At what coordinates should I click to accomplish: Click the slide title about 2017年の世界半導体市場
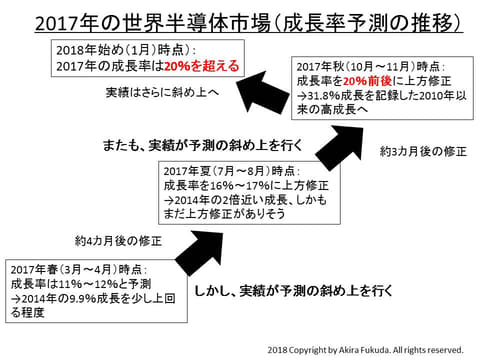click(x=249, y=23)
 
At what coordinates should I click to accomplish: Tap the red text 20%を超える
click(x=202, y=66)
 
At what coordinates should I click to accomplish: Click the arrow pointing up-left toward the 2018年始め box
click(x=263, y=92)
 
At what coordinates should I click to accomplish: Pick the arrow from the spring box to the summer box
click(x=199, y=252)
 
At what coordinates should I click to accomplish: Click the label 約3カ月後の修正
click(x=423, y=152)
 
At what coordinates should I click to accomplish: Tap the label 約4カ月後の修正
click(x=118, y=241)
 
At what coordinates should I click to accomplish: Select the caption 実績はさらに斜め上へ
click(x=162, y=92)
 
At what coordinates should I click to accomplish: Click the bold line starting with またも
click(x=203, y=145)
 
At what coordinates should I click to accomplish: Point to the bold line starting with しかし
click(x=293, y=291)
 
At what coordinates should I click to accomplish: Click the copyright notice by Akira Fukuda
click(x=365, y=350)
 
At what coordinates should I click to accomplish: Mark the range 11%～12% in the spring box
click(x=88, y=284)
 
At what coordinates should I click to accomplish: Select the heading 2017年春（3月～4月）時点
click(x=78, y=269)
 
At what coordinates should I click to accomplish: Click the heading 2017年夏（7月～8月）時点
click(x=231, y=171)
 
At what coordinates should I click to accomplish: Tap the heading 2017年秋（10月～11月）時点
click(x=370, y=67)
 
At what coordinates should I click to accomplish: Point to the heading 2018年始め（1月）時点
click(x=125, y=50)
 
